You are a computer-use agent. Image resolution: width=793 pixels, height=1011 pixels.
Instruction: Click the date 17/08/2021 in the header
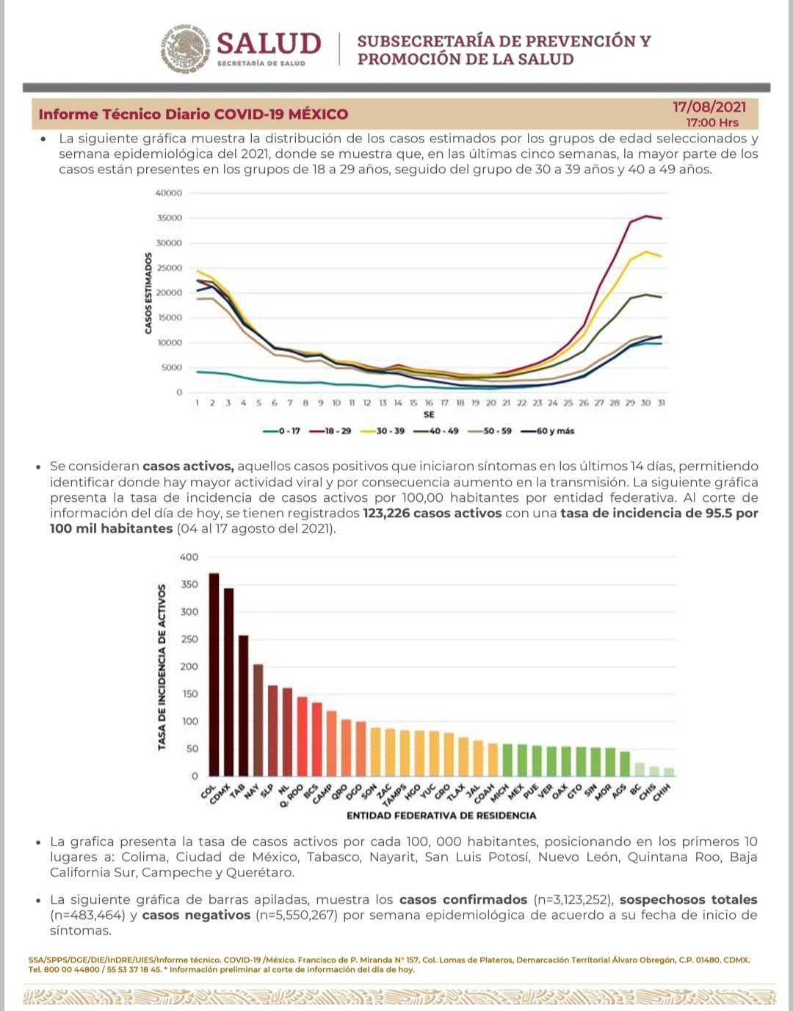coord(709,107)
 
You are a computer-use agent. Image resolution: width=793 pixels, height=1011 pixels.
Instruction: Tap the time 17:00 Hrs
coord(712,123)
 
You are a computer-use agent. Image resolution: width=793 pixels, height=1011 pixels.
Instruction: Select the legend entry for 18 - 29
coord(335,431)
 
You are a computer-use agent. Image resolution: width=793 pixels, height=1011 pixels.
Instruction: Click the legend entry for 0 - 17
coord(282,431)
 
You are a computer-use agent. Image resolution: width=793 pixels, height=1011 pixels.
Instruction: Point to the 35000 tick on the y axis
coord(169,218)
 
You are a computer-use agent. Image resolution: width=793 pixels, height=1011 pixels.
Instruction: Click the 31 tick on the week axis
coord(661,403)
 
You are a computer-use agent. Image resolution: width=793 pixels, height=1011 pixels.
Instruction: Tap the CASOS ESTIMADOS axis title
coord(148,293)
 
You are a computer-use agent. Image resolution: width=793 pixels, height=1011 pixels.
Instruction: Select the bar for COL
coord(214,674)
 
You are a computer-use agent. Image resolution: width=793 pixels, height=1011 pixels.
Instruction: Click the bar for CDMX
coord(228,681)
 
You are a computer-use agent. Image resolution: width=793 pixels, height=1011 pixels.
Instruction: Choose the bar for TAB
coord(243,705)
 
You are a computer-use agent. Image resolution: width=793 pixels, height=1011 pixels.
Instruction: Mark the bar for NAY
coord(258,719)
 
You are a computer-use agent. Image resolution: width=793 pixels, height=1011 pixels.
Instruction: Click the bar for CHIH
coord(668,771)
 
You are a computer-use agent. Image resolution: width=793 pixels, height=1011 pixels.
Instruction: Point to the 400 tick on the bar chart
coord(189,557)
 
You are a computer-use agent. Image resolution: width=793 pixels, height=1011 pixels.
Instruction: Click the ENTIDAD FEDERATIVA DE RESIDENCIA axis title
coord(441,816)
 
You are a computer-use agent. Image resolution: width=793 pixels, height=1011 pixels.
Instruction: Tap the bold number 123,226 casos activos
coord(432,513)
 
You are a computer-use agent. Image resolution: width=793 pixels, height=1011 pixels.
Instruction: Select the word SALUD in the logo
coord(269,43)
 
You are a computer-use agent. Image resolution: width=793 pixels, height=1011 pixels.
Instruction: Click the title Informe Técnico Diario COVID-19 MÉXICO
coord(193,114)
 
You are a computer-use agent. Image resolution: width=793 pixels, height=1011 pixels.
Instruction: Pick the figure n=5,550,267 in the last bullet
coord(296,915)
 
